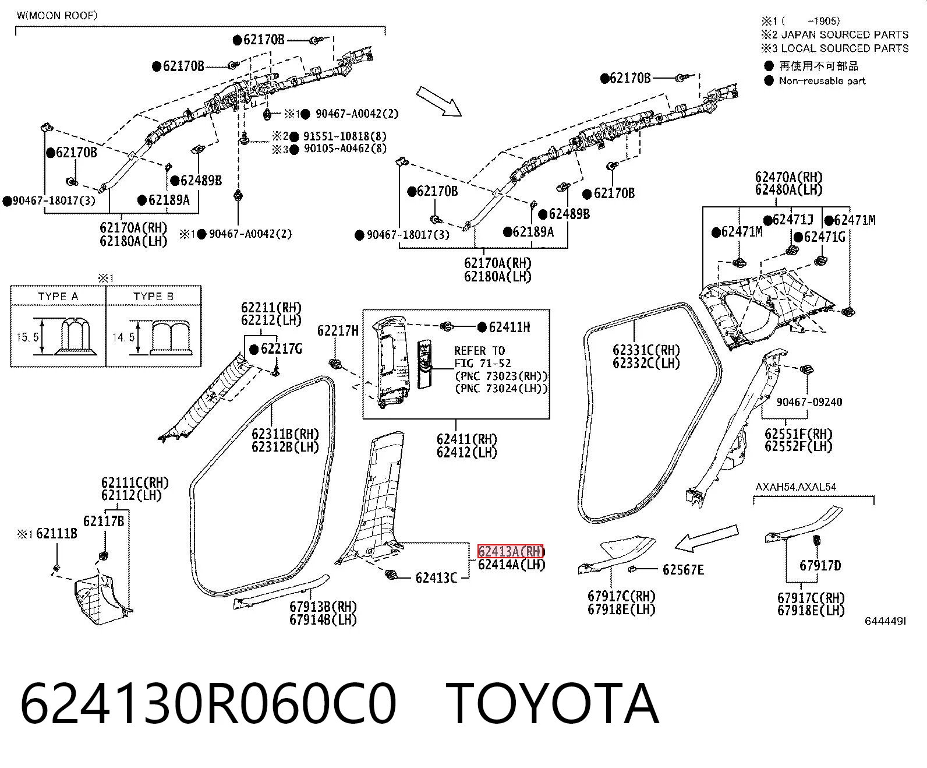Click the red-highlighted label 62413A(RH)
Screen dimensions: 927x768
(x=510, y=552)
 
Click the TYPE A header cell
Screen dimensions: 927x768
(x=58, y=296)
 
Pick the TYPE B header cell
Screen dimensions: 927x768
(x=153, y=296)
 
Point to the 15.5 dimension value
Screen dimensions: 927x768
(x=27, y=337)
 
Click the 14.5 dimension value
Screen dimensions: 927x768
(x=123, y=337)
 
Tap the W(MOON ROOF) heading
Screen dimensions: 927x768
(x=57, y=16)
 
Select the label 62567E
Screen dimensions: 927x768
(x=683, y=570)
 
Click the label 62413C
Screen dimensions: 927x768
(x=436, y=578)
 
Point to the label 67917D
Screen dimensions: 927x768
(x=820, y=566)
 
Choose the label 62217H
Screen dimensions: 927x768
(x=338, y=330)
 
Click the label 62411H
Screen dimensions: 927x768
(x=510, y=327)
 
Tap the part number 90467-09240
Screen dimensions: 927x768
(x=809, y=402)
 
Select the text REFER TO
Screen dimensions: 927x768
(x=479, y=351)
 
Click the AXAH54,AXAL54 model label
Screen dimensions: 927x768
(x=795, y=487)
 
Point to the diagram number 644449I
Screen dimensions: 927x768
(x=885, y=621)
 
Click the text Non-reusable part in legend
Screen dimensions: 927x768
(x=822, y=81)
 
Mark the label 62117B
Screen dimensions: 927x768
(x=104, y=522)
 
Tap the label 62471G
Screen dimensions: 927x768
(x=825, y=237)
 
